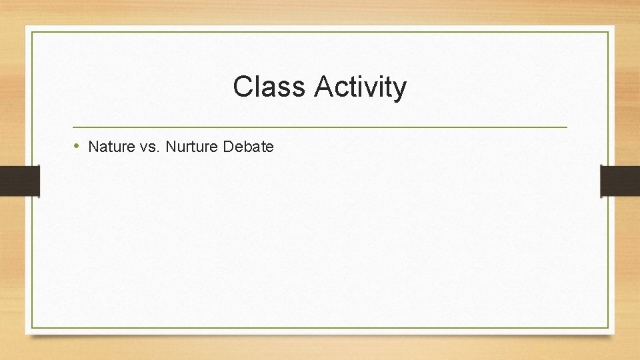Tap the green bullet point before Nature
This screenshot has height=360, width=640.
point(77,146)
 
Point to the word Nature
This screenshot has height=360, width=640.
point(109,147)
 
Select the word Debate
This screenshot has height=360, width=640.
point(249,147)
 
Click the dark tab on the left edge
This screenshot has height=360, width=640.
point(20,181)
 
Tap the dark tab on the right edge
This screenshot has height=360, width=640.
point(620,181)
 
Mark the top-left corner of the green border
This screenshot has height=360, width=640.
point(32,32)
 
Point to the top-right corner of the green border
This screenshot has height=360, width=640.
point(609,32)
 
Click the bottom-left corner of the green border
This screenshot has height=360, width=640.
point(32,327)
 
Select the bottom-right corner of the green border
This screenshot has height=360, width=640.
point(609,327)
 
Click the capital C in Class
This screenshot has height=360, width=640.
point(242,87)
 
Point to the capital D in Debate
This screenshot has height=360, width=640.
point(229,147)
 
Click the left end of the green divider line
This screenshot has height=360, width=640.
point(73,127)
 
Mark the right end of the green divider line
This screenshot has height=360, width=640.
point(567,127)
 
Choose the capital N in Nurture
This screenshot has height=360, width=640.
point(171,147)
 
